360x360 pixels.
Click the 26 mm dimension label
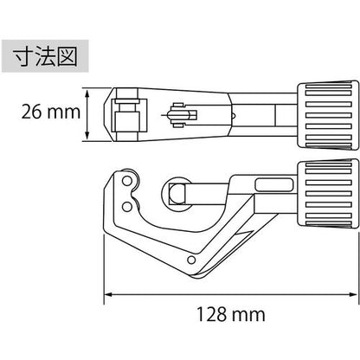click(51, 112)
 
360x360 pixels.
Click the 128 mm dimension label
click(230, 314)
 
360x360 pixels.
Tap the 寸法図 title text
click(46, 56)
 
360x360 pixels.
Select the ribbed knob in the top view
click(328, 115)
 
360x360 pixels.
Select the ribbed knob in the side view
click(328, 194)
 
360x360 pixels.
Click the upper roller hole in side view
click(126, 181)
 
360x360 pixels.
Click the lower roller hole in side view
click(126, 207)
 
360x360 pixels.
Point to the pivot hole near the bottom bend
click(191, 260)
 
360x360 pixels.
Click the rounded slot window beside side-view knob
click(273, 184)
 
